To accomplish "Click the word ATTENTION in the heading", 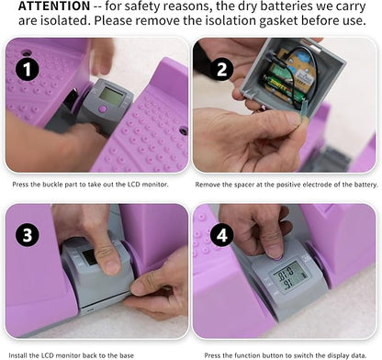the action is click(x=54, y=6).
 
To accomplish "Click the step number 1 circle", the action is click(x=28, y=69).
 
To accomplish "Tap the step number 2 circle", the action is click(x=222, y=69).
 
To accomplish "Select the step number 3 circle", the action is click(x=28, y=235).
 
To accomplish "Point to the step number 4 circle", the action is click(x=222, y=235).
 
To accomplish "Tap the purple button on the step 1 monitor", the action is click(x=103, y=109).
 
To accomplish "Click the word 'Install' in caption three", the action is click(x=17, y=355).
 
